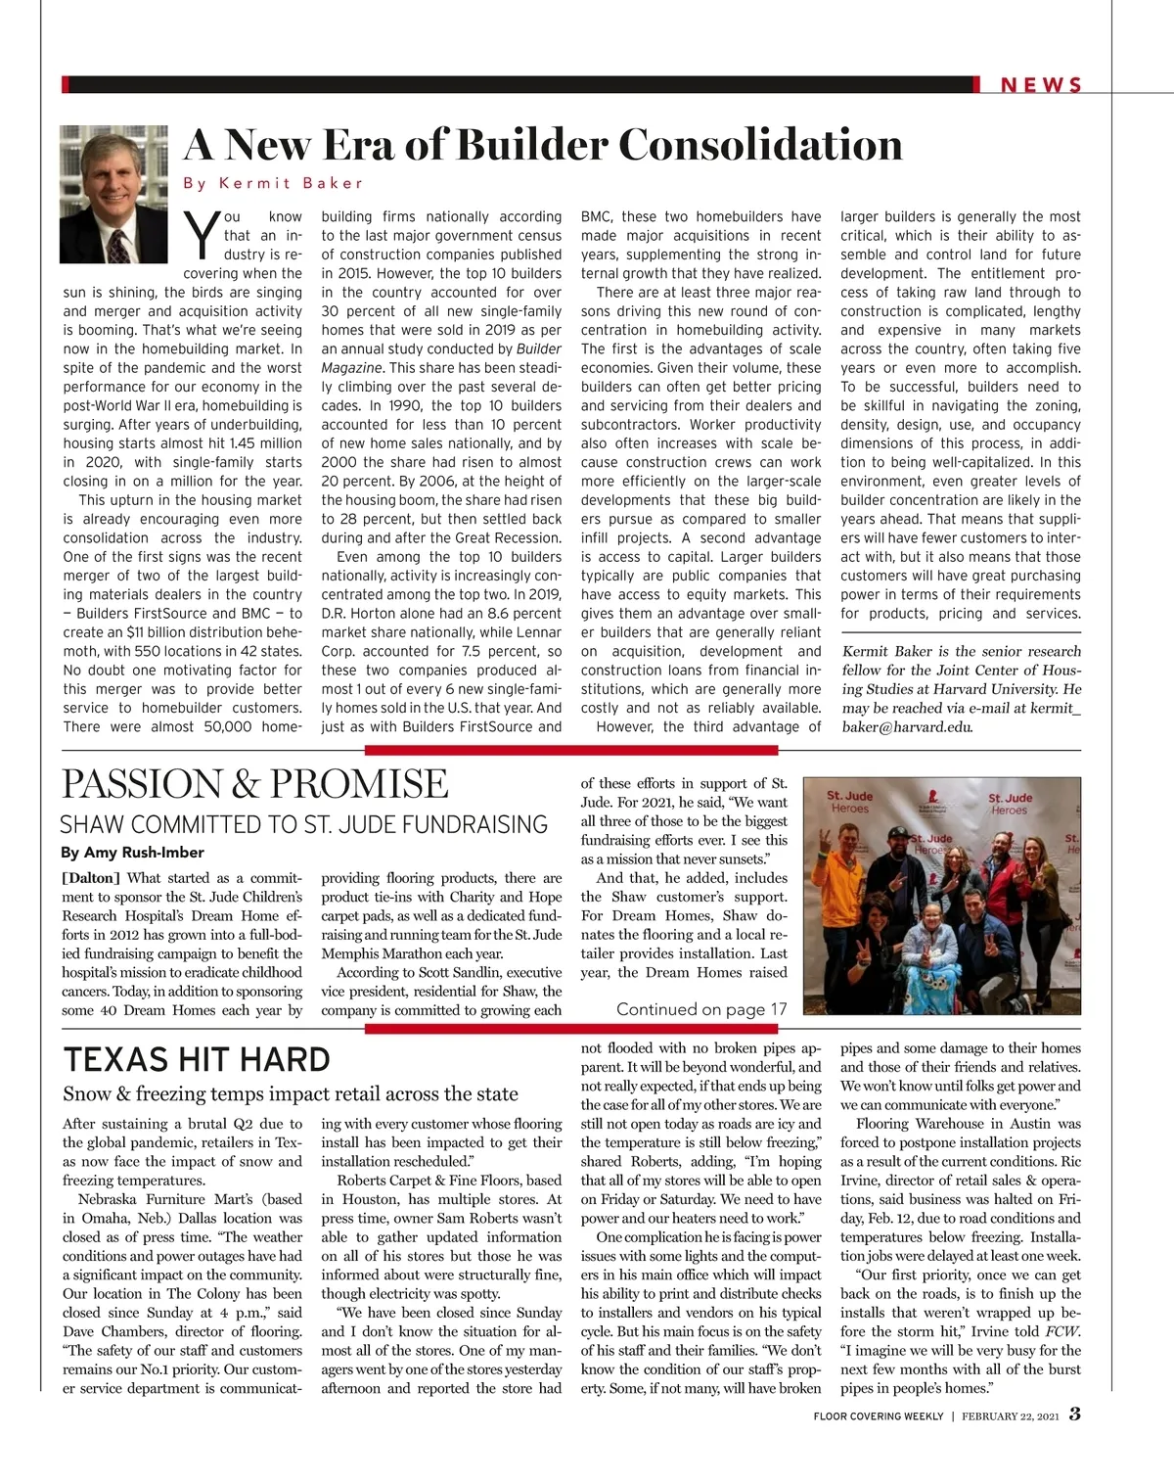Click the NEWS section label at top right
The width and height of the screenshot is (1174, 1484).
tap(1041, 85)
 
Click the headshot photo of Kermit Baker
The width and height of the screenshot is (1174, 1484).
tap(113, 194)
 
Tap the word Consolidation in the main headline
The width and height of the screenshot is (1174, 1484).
tap(759, 145)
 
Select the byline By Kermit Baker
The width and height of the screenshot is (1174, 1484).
tap(273, 183)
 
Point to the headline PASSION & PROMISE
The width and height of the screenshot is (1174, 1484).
tap(255, 784)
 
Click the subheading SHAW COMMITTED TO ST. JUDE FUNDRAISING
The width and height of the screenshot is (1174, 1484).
tap(304, 824)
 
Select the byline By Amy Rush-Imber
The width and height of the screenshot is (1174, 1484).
tap(133, 852)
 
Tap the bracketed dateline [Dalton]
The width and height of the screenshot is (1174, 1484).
tap(91, 878)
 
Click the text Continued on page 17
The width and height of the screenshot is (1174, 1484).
tap(701, 1009)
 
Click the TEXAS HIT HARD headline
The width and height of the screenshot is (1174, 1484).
tap(197, 1060)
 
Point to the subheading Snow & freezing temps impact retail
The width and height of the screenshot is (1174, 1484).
tap(291, 1093)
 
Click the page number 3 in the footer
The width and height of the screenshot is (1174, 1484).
tap(1074, 1414)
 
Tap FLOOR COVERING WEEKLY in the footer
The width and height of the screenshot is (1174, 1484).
tap(878, 1416)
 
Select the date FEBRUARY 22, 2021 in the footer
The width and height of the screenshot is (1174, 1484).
tap(1010, 1416)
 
